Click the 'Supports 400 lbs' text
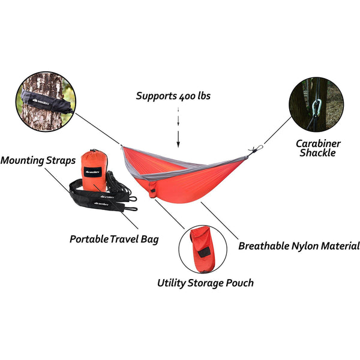[x=173, y=95]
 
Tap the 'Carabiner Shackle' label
[x=318, y=148]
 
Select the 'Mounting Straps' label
[x=38, y=161]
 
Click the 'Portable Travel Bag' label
[x=114, y=239]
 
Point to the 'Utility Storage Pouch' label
[x=205, y=283]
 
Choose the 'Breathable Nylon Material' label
[x=299, y=245]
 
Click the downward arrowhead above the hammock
[x=178, y=143]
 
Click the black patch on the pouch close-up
[x=205, y=253]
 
